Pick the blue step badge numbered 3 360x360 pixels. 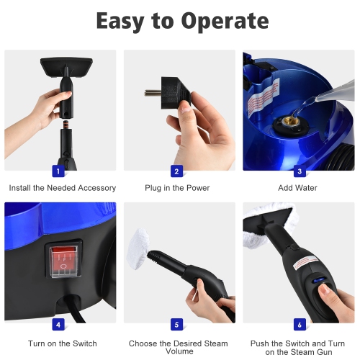click(298, 171)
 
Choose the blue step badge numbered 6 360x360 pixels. click(298, 324)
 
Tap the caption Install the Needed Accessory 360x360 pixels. click(62, 188)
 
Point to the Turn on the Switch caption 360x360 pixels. click(62, 343)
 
